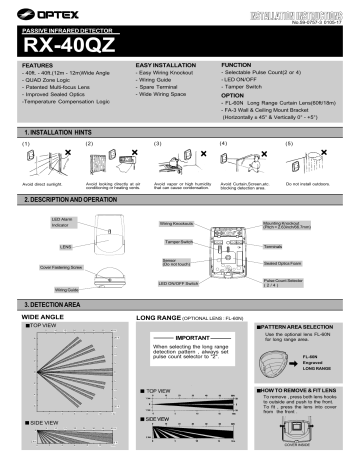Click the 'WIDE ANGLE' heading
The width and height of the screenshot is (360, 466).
45,316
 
